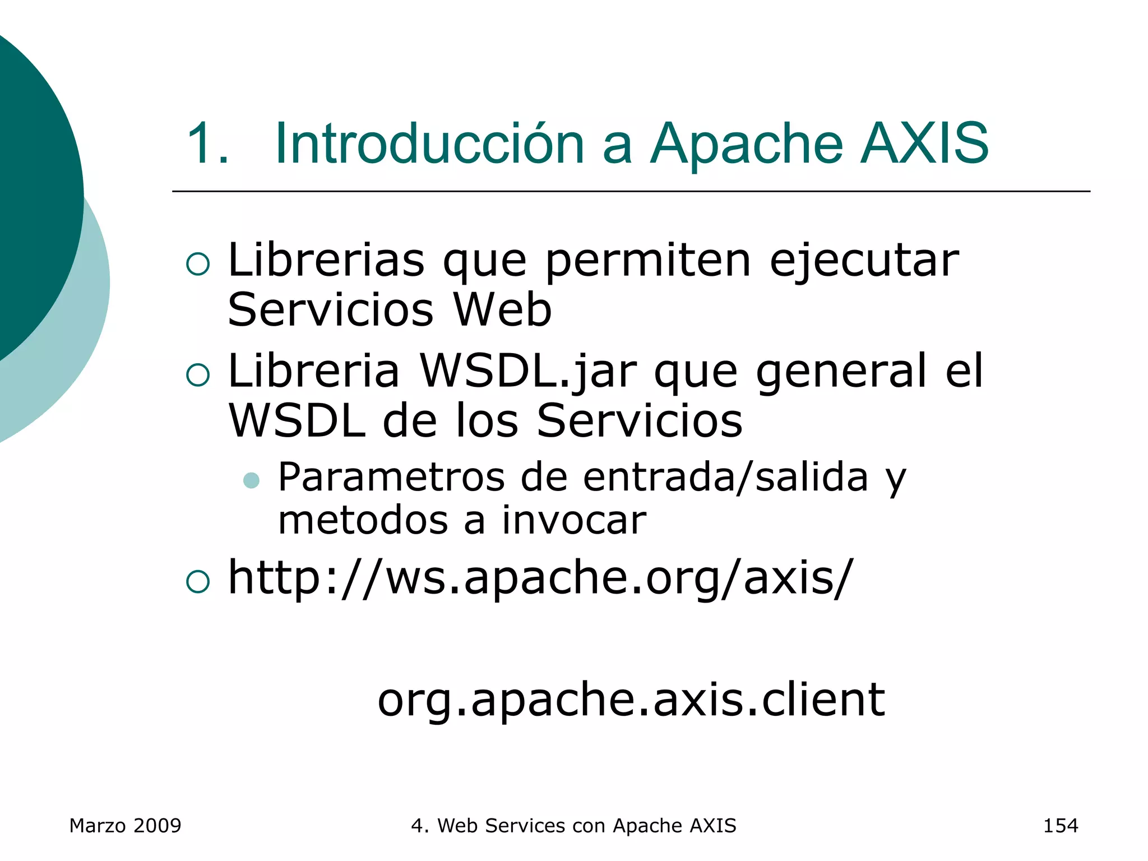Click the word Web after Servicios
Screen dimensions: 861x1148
502,310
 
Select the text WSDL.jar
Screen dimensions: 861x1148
528,371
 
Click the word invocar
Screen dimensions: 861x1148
574,520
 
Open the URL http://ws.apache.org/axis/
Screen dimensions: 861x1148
540,578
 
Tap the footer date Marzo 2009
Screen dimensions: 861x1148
125,826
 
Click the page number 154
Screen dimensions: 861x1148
1060,826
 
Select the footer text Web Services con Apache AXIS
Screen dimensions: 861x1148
586,826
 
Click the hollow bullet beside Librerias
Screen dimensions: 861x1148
197,264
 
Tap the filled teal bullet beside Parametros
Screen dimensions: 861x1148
251,480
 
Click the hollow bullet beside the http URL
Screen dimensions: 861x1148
197,582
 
